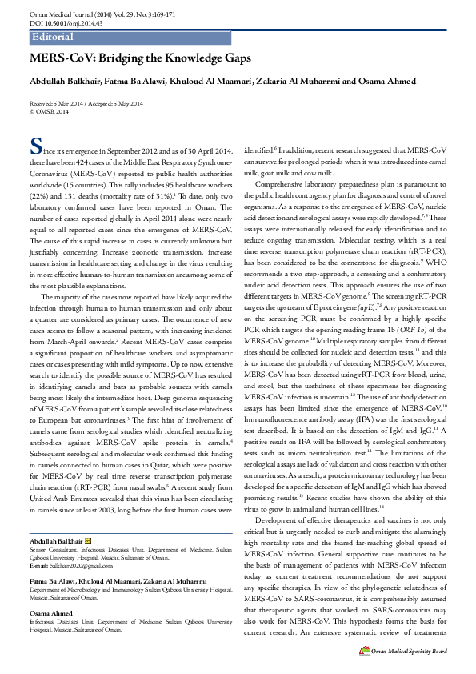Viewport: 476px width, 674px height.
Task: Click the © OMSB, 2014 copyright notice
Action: [x=49, y=111]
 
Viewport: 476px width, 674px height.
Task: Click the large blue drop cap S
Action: [x=34, y=146]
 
